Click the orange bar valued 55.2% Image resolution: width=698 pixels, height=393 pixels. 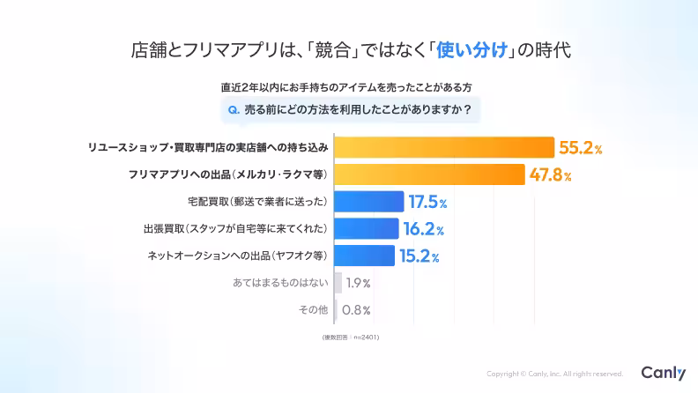point(444,147)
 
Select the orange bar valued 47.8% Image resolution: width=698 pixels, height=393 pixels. point(430,174)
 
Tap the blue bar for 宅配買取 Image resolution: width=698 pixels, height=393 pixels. point(369,202)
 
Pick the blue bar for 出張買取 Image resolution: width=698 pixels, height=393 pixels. point(367,229)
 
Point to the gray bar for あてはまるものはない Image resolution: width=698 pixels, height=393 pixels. point(338,283)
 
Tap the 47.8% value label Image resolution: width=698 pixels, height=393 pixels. point(551,175)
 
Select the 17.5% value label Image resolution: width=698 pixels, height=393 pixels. point(427,203)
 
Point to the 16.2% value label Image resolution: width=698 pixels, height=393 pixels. point(423,230)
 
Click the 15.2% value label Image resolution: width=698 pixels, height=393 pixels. point(419,256)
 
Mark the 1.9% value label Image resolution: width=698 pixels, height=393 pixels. point(358,284)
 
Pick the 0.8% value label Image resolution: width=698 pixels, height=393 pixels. point(356,310)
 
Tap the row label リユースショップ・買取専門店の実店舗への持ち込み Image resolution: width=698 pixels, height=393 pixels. point(208,147)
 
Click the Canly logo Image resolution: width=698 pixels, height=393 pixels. point(663,373)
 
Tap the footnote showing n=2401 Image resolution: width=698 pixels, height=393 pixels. point(349,337)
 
